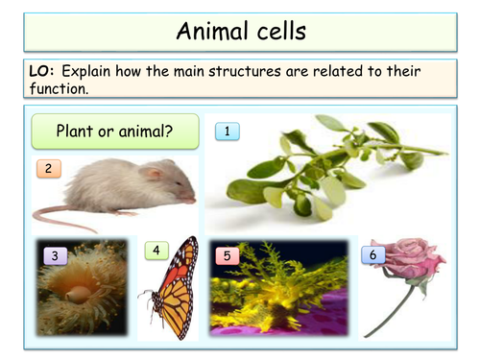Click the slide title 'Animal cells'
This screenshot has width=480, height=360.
tap(240, 31)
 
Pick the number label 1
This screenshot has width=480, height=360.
tap(228, 131)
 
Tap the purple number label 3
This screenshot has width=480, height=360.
tap(55, 255)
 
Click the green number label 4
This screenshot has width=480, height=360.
tap(156, 251)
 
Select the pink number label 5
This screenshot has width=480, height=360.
tap(227, 255)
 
